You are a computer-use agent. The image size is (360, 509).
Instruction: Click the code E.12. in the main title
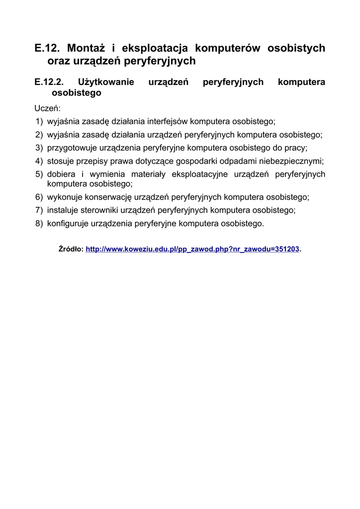coord(47,48)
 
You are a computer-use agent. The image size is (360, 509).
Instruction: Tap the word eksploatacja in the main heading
coord(154,48)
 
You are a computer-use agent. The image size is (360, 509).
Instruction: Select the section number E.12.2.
coord(49,82)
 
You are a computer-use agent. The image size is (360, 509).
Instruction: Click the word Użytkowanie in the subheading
coord(106,82)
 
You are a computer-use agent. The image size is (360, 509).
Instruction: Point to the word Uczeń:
coord(47,108)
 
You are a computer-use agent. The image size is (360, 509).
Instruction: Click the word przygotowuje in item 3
coord(72,148)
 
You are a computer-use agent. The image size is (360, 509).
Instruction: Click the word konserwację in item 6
coord(112,197)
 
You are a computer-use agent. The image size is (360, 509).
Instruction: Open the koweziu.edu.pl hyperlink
coord(192,250)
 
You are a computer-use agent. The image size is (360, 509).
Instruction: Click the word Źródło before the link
coord(70,250)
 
